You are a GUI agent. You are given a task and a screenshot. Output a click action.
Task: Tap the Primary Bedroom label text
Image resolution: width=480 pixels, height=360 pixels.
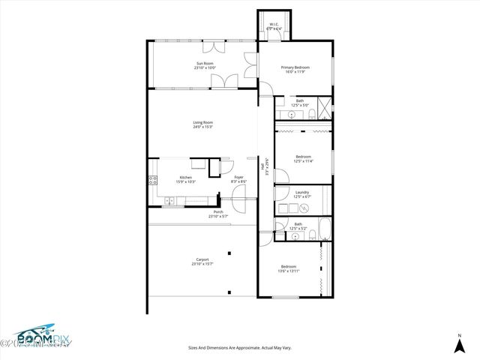pos(295,67)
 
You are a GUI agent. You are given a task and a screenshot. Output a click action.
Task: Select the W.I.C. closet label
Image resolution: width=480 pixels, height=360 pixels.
pos(274,24)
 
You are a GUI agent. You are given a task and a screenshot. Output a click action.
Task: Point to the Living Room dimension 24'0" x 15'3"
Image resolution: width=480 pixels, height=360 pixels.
pos(203,126)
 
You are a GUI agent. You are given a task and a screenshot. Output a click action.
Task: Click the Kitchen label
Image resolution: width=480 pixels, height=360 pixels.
pos(185,177)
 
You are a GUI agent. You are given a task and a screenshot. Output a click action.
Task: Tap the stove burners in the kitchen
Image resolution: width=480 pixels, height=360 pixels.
pos(153,180)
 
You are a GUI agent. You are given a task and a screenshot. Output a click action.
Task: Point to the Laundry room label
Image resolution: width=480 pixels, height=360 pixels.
pos(302,192)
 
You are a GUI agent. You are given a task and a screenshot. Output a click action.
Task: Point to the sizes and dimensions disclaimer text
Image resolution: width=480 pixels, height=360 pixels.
pos(238,347)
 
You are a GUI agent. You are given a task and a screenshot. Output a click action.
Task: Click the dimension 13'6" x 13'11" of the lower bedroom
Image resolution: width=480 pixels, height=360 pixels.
pos(289,271)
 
